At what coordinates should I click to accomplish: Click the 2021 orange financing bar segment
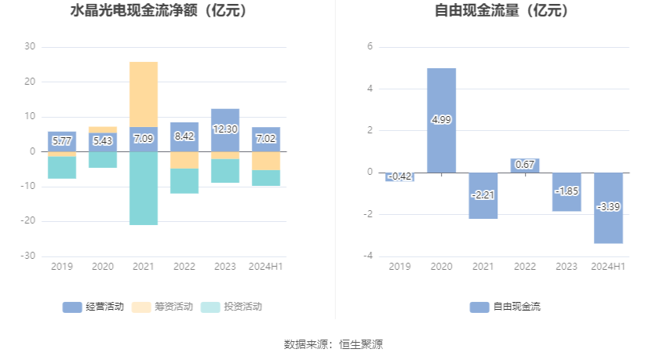[x=144, y=94]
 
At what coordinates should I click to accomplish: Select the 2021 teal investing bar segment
[x=144, y=188]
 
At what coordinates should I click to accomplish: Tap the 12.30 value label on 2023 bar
[x=225, y=129]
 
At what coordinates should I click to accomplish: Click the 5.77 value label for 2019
[x=62, y=140]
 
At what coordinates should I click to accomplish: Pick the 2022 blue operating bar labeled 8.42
[x=184, y=136]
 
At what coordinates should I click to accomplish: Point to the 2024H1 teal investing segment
[x=266, y=178]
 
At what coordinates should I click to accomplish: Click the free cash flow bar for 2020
[x=441, y=120]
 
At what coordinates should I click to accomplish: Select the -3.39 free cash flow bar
[x=608, y=208]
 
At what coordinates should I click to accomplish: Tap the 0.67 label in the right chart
[x=524, y=165]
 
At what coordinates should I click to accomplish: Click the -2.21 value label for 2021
[x=483, y=195]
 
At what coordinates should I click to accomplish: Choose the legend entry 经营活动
[x=93, y=307]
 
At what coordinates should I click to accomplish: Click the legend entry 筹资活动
[x=162, y=307]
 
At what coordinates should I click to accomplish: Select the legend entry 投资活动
[x=231, y=307]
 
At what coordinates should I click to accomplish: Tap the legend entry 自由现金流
[x=505, y=307]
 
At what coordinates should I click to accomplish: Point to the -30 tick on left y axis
[x=28, y=256]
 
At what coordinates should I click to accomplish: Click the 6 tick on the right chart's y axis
[x=370, y=46]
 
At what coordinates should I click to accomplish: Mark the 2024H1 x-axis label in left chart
[x=266, y=267]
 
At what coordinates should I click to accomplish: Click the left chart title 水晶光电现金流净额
[x=134, y=11]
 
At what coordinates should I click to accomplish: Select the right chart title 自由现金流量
[x=477, y=11]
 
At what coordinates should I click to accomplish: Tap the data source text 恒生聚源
[x=361, y=344]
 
